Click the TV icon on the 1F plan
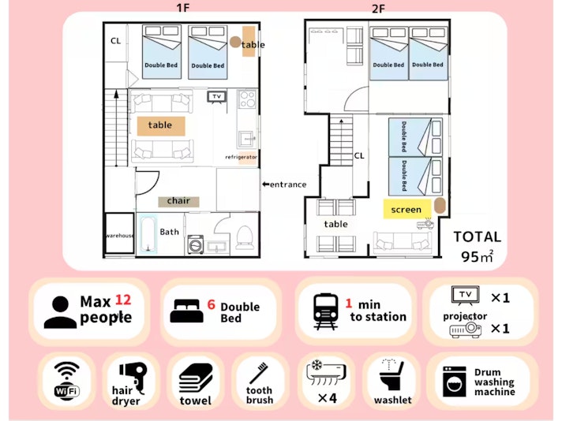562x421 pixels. click(217, 97)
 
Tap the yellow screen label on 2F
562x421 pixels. click(407, 209)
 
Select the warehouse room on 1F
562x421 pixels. click(120, 234)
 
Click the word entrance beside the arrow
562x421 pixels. click(288, 184)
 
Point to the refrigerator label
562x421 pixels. click(241, 157)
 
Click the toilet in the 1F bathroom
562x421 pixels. click(245, 237)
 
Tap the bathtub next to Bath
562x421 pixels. click(148, 233)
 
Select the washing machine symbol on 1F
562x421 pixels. click(196, 244)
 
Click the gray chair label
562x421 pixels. click(178, 201)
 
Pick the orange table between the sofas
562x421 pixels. click(161, 125)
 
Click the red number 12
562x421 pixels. click(123, 300)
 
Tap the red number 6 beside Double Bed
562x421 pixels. click(211, 304)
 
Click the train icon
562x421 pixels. click(325, 311)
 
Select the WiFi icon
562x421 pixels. click(66, 378)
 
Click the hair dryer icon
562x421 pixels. click(133, 376)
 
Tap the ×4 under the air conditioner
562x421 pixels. click(328, 397)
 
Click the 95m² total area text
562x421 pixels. click(477, 256)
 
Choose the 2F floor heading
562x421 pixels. click(379, 9)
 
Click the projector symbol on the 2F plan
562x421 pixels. click(425, 224)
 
